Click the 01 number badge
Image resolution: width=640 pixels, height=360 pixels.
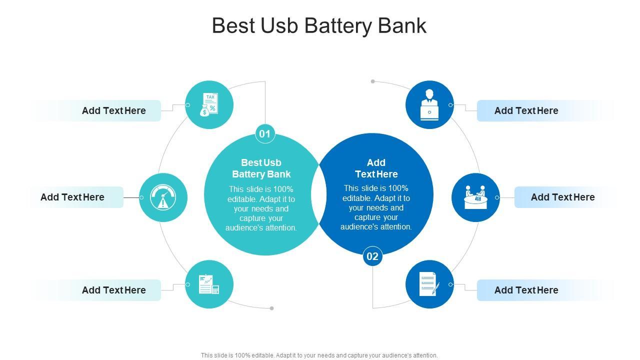[x=265, y=134]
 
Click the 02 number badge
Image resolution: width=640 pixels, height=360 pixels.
[x=372, y=256]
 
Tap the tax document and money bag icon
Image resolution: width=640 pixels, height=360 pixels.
[x=209, y=105]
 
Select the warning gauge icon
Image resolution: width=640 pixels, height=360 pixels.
[x=163, y=197]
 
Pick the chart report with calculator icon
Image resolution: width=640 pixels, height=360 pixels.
[x=209, y=284]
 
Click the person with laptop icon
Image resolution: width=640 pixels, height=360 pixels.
[x=429, y=105]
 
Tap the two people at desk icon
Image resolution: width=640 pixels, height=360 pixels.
[x=475, y=197]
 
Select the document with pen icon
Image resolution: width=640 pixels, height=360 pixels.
[x=429, y=284]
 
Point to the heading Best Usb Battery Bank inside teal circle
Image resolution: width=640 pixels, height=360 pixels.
[x=261, y=168]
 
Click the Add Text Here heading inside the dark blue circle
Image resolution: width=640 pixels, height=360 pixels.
[x=376, y=168]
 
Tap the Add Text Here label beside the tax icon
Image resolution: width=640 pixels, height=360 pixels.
[x=114, y=110]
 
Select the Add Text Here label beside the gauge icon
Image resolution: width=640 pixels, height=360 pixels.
[x=72, y=197]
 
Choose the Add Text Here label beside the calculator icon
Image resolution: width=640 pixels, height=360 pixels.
[x=114, y=290]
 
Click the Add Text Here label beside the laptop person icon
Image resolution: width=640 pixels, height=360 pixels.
[x=526, y=110]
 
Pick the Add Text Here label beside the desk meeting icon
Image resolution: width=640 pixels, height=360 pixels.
[x=562, y=197]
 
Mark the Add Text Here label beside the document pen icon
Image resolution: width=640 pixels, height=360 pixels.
[x=526, y=290]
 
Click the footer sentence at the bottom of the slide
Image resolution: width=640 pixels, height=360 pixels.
[x=319, y=355]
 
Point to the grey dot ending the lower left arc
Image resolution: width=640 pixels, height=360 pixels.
[x=271, y=308]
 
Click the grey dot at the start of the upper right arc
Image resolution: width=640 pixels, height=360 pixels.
[x=373, y=81]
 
